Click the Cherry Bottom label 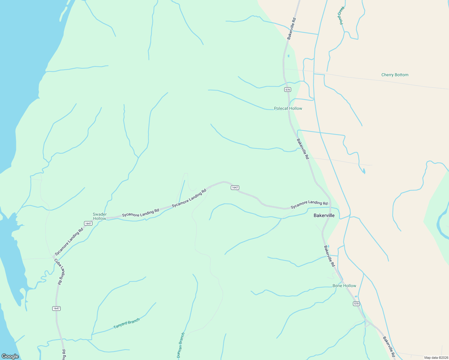point(395,75)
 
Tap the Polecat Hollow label point(288,108)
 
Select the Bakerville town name point(324,215)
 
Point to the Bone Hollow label point(344,286)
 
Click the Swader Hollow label point(99,216)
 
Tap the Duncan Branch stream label point(181,345)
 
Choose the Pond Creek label point(341,15)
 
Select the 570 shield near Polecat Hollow point(288,90)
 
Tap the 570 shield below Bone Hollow point(356,304)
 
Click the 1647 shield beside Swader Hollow point(88,223)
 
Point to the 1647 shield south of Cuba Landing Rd point(56,308)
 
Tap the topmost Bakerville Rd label point(291,28)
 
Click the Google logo point(10,356)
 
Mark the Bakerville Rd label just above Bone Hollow point(329,256)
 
